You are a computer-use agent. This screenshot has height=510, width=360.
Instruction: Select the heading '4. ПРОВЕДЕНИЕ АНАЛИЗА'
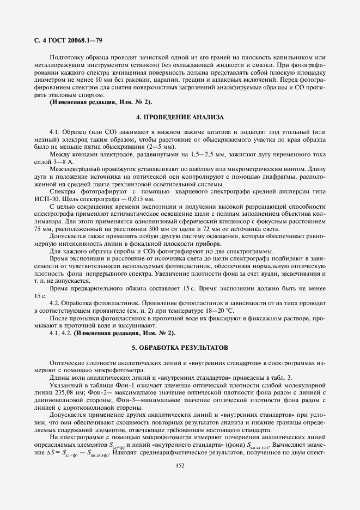180,117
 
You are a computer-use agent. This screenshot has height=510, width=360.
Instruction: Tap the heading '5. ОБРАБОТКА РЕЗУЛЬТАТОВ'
180,347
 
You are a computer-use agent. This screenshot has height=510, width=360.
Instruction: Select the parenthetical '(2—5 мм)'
157,147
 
